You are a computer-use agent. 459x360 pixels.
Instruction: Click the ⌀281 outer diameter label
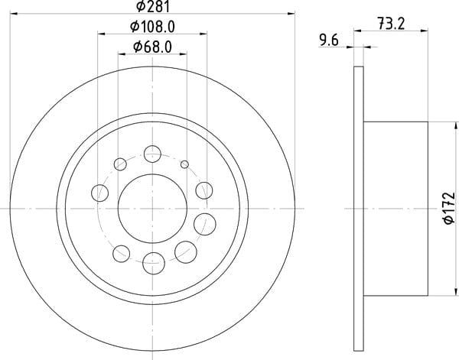[x=153, y=6]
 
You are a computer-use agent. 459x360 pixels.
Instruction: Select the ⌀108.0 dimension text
[x=152, y=28]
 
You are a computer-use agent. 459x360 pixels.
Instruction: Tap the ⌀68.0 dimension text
[x=152, y=47]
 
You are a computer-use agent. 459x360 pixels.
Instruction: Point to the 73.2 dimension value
[x=391, y=24]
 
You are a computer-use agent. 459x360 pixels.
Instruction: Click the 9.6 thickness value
[x=328, y=40]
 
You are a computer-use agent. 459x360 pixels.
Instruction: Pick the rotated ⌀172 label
[x=449, y=208]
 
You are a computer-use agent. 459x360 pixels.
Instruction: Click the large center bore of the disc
[x=152, y=209]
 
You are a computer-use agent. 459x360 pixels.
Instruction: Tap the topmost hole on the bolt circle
[x=152, y=154]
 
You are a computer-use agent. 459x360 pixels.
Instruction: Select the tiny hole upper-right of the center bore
[x=184, y=164]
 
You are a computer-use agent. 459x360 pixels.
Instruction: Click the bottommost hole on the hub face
[x=154, y=263]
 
